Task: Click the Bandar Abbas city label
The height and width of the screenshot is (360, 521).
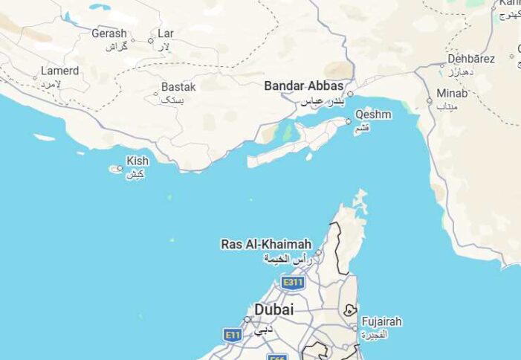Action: click(303, 86)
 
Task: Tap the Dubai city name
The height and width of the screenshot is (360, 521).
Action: click(274, 309)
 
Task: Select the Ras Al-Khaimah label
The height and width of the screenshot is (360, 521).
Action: click(266, 244)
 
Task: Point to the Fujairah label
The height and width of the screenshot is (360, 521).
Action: click(381, 321)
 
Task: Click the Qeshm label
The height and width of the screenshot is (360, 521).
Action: click(372, 114)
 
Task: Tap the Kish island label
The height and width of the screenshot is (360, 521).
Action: click(137, 161)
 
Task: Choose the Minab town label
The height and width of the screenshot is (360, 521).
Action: click(453, 94)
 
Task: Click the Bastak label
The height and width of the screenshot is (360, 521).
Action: click(178, 87)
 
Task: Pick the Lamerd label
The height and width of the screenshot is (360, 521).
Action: click(59, 71)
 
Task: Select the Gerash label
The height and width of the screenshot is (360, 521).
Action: click(109, 33)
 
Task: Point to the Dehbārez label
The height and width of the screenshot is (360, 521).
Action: click(470, 59)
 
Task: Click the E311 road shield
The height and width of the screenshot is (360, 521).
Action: click(293, 283)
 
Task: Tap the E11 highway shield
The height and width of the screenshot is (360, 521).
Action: click(233, 335)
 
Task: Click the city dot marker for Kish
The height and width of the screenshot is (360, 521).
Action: click(120, 168)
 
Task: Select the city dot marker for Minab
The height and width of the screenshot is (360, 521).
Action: click(429, 101)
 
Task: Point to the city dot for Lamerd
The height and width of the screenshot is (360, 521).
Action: click(35, 77)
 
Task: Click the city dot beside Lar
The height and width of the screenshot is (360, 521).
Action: click(151, 40)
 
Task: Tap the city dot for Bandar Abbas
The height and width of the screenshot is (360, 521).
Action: click(350, 94)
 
